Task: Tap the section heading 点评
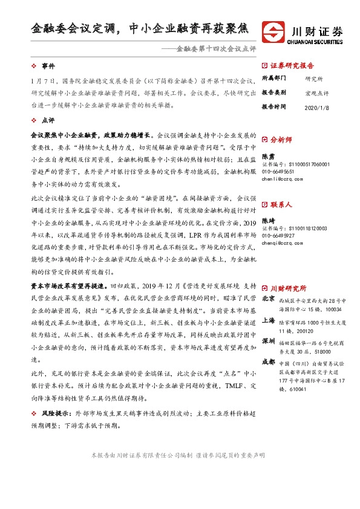click(48, 121)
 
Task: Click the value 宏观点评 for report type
click(317, 92)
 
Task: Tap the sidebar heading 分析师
click(280, 139)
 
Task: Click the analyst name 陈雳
click(267, 156)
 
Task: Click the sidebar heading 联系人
click(280, 205)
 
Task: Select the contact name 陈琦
click(267, 221)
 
